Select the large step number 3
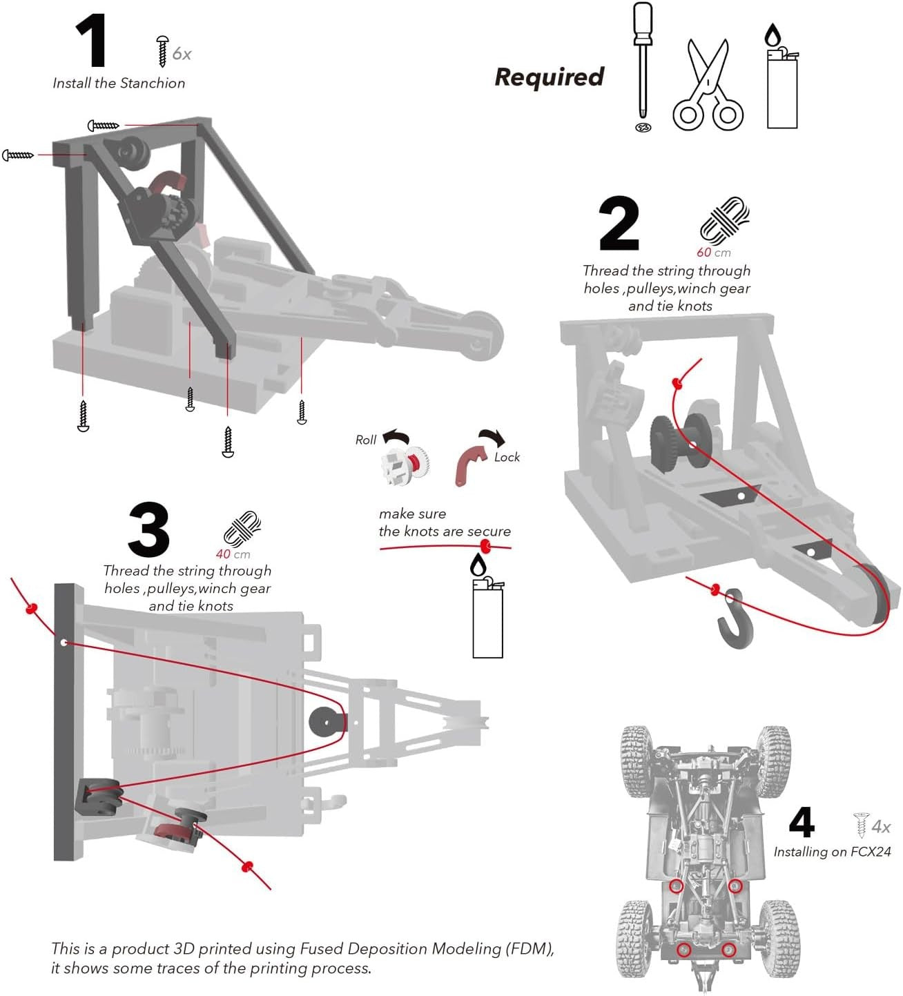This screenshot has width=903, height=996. point(148,530)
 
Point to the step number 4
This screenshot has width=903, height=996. point(802,822)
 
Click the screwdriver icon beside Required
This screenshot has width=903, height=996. point(643,66)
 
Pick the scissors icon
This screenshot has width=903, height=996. point(708,86)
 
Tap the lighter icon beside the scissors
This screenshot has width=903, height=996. point(781,79)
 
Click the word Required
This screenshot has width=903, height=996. point(550,77)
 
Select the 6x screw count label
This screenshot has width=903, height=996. point(182,54)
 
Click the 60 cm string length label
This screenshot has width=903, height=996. point(713,253)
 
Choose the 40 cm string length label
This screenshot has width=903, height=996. point(233,554)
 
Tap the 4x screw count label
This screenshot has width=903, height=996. point(881,826)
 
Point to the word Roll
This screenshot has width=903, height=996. point(366,440)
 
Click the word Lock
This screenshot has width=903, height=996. point(507,457)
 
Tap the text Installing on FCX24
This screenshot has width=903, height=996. point(832,852)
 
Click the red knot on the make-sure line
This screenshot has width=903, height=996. point(486,547)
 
